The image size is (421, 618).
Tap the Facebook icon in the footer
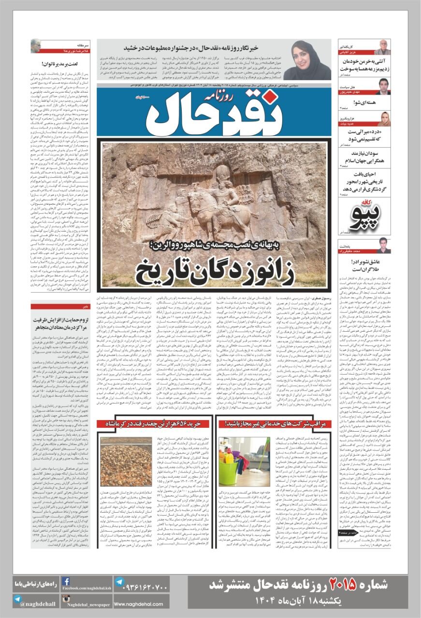coord(66,581)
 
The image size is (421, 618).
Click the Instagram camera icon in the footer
coord(66,600)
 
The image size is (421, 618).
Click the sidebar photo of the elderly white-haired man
coord(382,47)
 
